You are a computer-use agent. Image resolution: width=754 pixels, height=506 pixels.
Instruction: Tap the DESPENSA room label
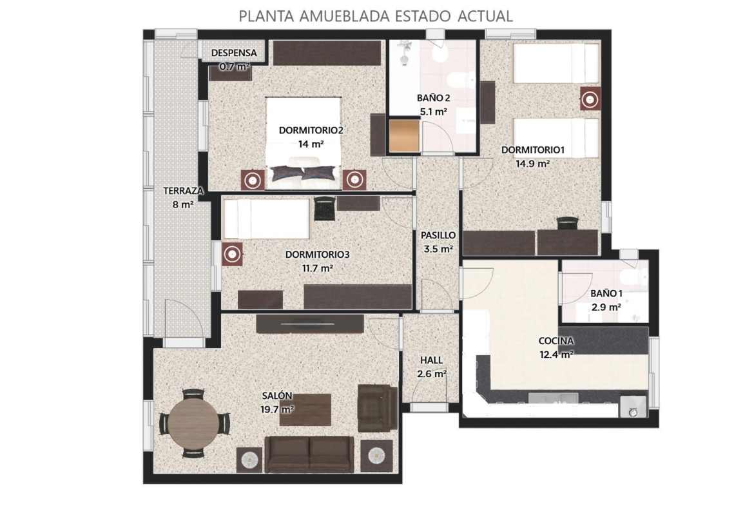234,53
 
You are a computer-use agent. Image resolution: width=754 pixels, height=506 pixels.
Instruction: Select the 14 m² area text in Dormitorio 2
311,143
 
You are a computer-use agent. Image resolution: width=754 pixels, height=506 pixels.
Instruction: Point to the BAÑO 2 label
433,97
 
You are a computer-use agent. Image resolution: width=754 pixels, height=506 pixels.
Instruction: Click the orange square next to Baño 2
405,136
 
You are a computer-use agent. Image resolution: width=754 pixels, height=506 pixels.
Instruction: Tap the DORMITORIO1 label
532,150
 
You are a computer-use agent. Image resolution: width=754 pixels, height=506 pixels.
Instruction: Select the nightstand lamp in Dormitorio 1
590,99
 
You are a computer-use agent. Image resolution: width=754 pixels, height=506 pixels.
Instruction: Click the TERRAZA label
183,191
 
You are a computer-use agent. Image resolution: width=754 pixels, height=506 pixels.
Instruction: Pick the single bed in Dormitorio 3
267,219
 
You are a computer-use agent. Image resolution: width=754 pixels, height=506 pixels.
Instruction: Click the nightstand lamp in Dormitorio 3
232,253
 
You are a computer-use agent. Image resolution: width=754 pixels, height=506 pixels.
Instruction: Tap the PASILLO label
438,235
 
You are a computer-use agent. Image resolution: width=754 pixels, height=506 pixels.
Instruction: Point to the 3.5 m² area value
438,249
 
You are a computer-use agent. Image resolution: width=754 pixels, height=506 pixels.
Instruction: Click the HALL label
431,360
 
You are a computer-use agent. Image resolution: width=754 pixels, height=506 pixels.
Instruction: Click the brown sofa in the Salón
310,454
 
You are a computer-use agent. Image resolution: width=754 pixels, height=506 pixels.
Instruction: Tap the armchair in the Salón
378,408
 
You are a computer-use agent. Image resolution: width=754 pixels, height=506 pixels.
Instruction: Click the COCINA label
556,341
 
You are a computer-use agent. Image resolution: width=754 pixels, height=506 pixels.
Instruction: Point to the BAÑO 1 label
606,293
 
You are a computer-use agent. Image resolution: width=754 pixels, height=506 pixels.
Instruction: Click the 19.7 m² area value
277,410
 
